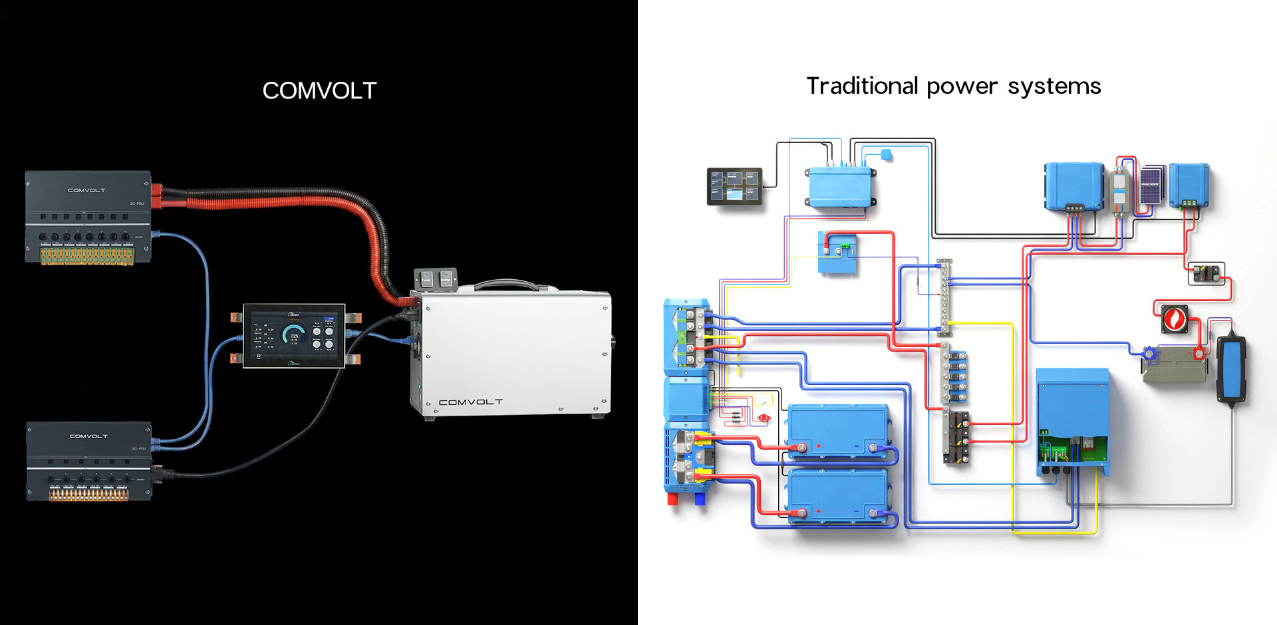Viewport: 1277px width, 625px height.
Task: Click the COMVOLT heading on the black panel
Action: (319, 90)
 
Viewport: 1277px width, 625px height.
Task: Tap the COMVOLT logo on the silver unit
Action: (470, 402)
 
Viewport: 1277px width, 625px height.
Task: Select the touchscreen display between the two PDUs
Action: (293, 335)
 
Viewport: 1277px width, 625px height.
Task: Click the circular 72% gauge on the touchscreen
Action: (293, 334)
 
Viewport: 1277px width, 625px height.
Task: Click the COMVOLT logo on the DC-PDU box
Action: (86, 190)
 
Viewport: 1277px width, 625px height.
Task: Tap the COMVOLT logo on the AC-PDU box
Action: (88, 436)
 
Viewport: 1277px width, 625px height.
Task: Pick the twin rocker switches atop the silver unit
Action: (436, 279)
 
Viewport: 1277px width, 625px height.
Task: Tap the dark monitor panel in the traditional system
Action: (734, 186)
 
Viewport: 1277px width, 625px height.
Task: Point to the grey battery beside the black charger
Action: (1174, 364)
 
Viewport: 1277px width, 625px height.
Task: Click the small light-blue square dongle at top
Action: (885, 156)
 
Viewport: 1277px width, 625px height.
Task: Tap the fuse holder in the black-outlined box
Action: (1206, 273)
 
